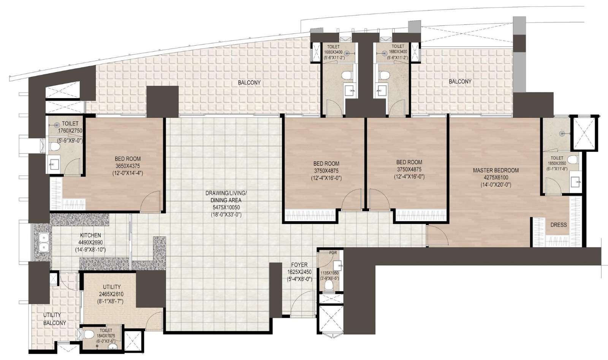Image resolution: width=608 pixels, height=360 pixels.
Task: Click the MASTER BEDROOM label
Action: click(496, 170)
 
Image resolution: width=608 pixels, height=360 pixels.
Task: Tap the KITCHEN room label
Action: click(90, 235)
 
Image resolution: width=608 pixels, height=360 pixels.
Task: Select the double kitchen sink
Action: click(43, 243)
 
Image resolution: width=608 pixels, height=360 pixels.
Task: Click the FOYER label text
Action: click(299, 265)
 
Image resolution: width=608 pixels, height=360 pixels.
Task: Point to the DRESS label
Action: click(558, 225)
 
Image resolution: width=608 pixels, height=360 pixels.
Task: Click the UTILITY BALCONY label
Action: click(54, 319)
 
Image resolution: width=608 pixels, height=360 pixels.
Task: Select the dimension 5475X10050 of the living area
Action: click(226, 207)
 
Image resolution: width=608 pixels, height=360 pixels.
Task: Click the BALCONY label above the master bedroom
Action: click(460, 82)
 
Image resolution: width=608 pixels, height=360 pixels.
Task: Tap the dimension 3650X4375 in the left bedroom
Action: click(128, 166)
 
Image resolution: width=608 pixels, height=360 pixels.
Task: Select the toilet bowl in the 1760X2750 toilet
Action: click(54, 146)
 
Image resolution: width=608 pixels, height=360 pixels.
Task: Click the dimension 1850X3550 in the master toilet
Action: click(557, 163)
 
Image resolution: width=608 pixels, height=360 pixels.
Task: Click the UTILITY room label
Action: click(112, 287)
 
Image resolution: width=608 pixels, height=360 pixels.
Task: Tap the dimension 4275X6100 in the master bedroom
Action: click(496, 178)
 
